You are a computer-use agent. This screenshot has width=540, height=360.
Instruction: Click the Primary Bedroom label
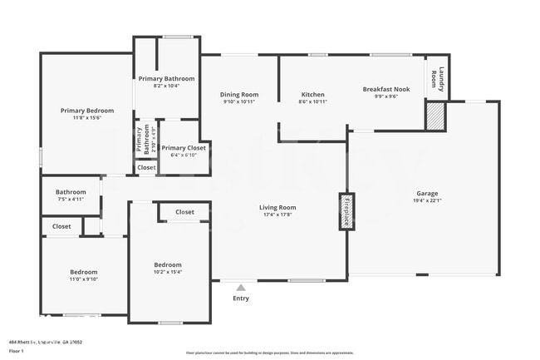(87, 111)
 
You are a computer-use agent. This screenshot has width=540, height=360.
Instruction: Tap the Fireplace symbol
(346, 212)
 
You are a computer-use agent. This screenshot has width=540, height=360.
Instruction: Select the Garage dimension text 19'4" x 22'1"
(427, 201)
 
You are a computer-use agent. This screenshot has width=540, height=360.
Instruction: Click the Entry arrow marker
(241, 288)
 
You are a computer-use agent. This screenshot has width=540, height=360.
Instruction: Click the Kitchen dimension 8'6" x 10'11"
(312, 101)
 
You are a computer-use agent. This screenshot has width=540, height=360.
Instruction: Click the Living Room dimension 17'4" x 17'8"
(277, 215)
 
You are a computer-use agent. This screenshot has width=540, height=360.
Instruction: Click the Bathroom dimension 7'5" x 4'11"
(71, 199)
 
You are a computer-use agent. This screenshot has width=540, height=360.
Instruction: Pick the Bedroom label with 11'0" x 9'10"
(83, 272)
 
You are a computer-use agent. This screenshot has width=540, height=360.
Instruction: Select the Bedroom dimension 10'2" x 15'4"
(168, 272)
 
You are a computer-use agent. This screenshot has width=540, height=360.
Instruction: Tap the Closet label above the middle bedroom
(185, 212)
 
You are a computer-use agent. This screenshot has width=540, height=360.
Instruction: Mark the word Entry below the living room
(241, 298)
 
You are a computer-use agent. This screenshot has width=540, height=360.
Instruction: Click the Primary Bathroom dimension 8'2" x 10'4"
(167, 86)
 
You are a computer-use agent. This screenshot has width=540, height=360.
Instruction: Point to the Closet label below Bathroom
(61, 226)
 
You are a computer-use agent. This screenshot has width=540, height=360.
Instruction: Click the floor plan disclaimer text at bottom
(269, 353)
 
